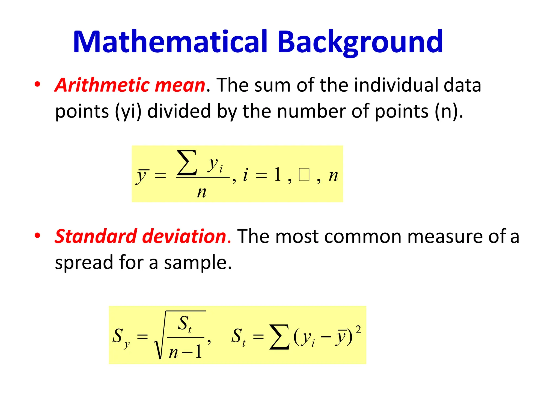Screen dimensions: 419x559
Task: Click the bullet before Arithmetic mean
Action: pyautogui.click(x=37, y=84)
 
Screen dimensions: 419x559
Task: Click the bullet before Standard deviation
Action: pyautogui.click(x=37, y=235)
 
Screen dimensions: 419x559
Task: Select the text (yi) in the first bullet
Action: pyautogui.click(x=128, y=111)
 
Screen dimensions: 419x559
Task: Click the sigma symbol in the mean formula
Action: pyautogui.click(x=187, y=163)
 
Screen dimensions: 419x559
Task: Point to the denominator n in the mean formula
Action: pyautogui.click(x=202, y=192)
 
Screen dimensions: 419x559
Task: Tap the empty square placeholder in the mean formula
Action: pyautogui.click(x=304, y=175)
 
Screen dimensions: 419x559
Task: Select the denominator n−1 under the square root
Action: pyautogui.click(x=185, y=352)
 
